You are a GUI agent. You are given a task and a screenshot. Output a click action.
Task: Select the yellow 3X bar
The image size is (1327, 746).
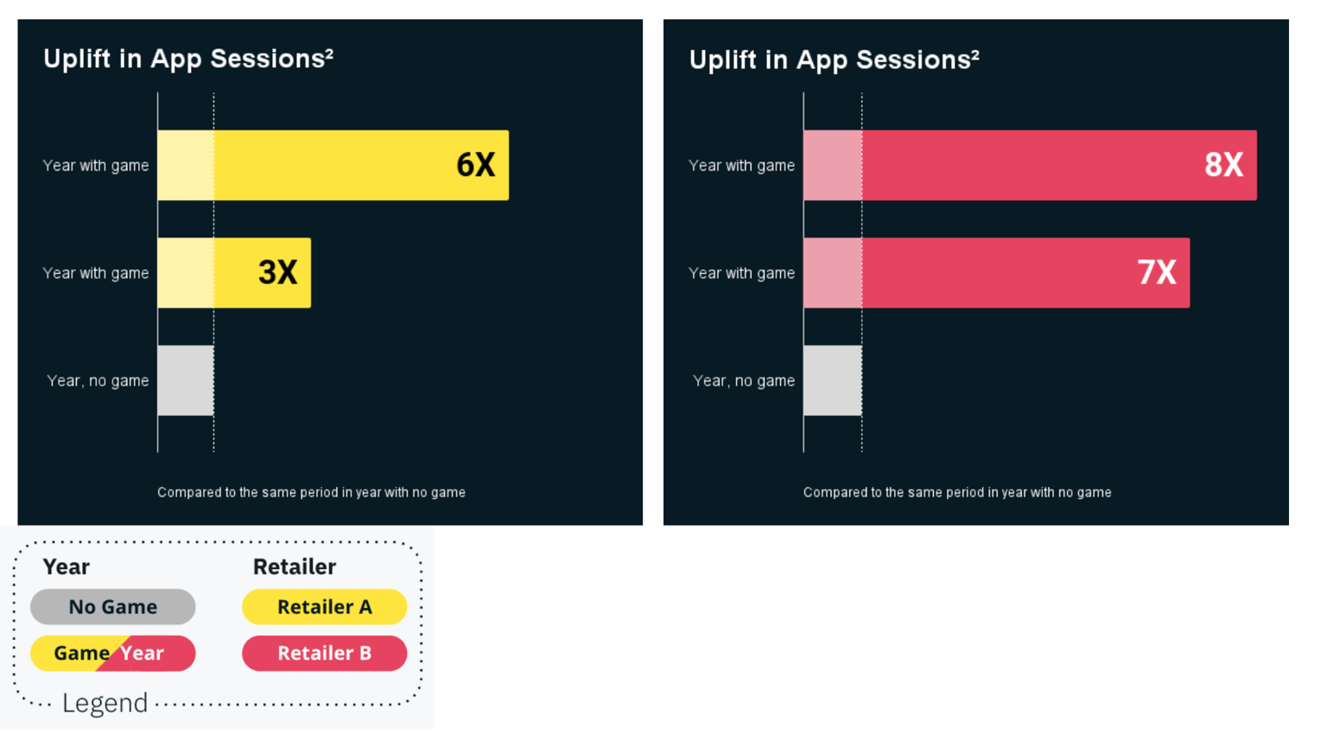click(x=233, y=273)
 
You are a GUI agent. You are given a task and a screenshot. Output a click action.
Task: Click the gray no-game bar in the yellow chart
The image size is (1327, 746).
click(x=186, y=381)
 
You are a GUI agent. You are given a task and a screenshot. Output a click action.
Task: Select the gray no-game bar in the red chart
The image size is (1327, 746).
click(x=832, y=381)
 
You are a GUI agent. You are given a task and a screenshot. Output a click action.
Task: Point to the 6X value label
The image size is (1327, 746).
click(x=476, y=165)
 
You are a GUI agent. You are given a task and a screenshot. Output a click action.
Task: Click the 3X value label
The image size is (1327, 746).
click(x=278, y=273)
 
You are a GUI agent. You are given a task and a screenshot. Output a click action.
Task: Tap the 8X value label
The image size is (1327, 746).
click(x=1224, y=165)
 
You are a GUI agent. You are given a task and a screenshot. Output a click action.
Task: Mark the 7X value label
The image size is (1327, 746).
click(x=1157, y=273)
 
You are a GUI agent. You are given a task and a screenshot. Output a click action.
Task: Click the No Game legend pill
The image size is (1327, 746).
click(x=113, y=607)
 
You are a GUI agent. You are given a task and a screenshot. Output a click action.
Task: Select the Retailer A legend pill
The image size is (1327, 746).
click(x=324, y=607)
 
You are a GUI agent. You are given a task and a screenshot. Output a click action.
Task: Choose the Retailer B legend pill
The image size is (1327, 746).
click(x=324, y=654)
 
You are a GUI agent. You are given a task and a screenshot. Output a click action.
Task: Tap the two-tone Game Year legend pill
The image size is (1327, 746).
click(x=113, y=654)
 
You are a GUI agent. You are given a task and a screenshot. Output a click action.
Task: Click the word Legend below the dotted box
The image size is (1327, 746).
click(x=105, y=703)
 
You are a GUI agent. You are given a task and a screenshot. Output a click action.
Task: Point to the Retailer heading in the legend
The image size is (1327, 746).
click(x=294, y=566)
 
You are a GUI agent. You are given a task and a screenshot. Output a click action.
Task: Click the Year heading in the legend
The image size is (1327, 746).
click(x=67, y=566)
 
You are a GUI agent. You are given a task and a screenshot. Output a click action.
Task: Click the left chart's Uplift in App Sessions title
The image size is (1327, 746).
click(x=187, y=59)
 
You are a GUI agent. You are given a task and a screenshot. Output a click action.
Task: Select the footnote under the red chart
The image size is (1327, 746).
click(x=957, y=492)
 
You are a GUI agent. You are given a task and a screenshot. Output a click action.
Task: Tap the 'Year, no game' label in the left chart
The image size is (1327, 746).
click(x=98, y=381)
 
